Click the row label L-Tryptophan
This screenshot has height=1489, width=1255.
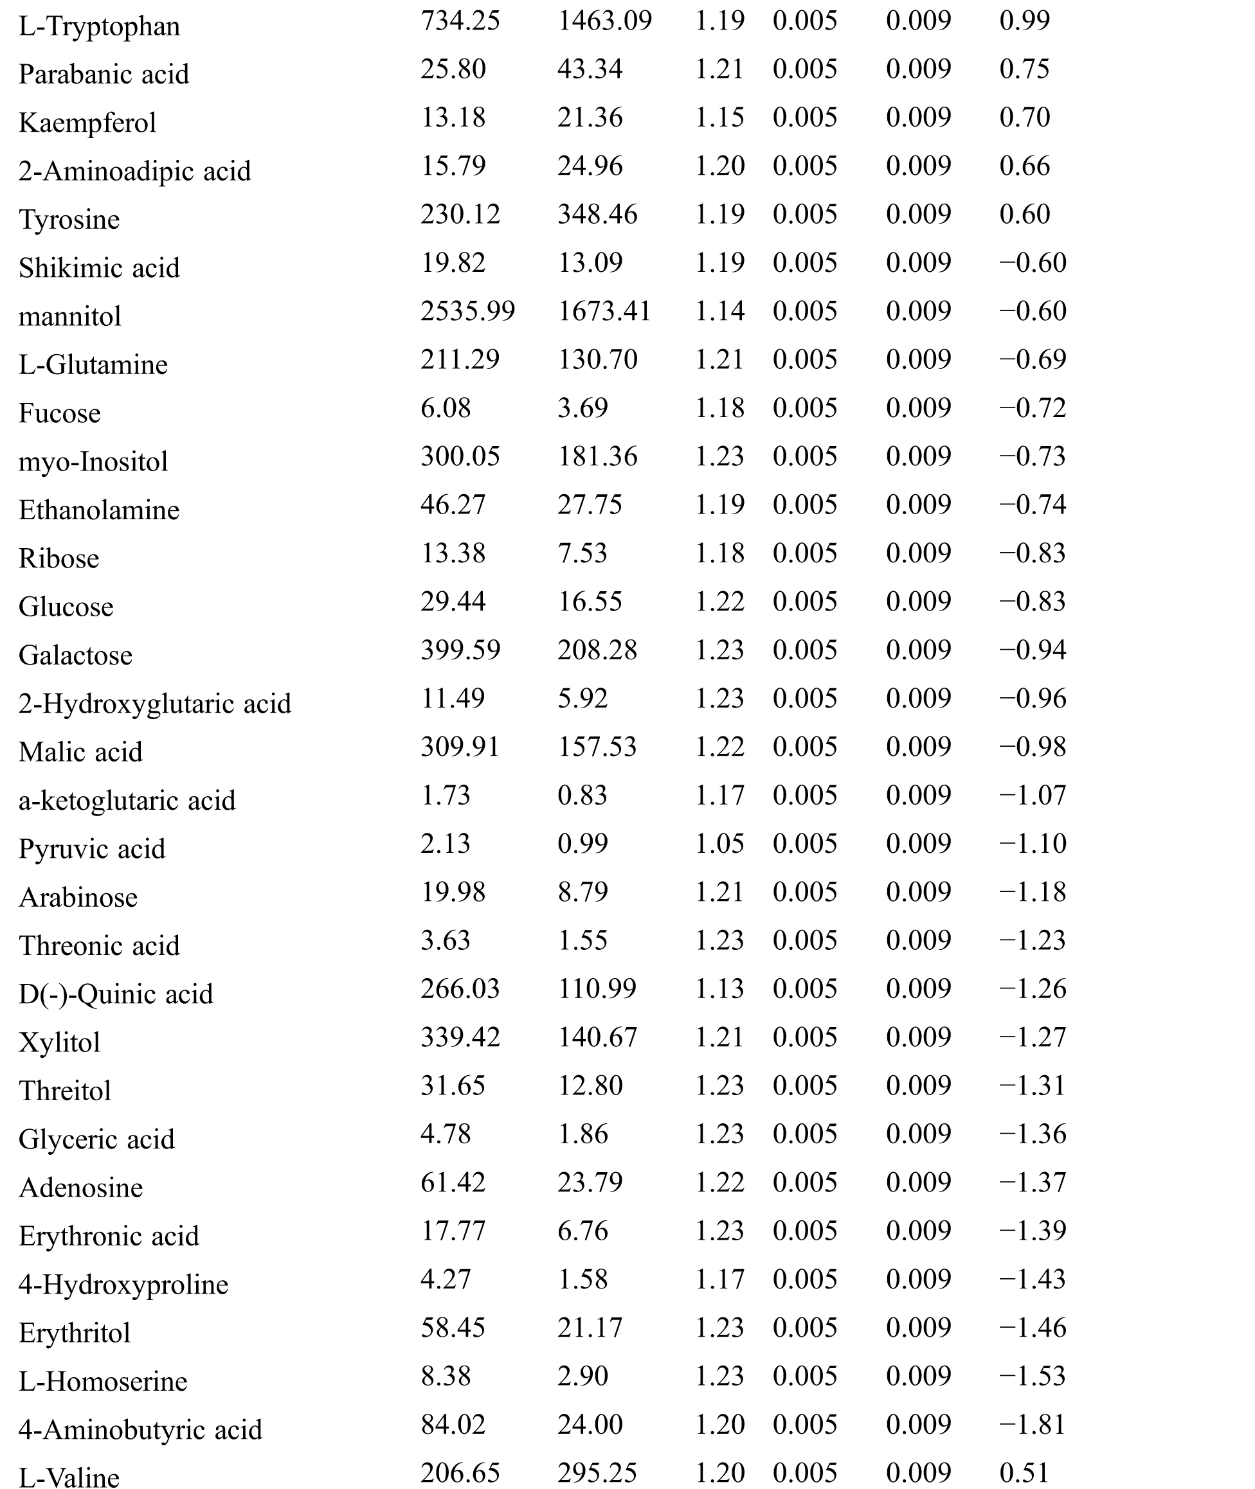point(99,27)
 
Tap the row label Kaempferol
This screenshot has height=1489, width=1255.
point(87,123)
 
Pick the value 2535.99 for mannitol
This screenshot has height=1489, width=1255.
point(467,312)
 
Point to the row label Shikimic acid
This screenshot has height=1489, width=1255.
point(99,268)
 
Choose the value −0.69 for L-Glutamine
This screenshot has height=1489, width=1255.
point(1033,360)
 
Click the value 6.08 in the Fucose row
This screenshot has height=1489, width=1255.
point(446,408)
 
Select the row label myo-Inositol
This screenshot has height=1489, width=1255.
point(93,462)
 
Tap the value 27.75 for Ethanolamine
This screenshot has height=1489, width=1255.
point(589,505)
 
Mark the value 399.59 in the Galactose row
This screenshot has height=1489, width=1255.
point(460,650)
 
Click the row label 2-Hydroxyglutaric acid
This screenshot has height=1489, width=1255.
point(154,704)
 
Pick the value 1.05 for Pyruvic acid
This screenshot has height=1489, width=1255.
point(719,843)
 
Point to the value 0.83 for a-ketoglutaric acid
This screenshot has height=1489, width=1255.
point(582,795)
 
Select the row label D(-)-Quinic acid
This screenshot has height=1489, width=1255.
point(115,994)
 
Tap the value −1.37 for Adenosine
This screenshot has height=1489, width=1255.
point(1033,1182)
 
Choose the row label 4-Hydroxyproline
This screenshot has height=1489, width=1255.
point(123,1285)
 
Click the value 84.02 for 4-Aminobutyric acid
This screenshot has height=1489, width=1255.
point(453,1424)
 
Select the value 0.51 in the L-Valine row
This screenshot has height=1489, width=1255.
point(1024,1473)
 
